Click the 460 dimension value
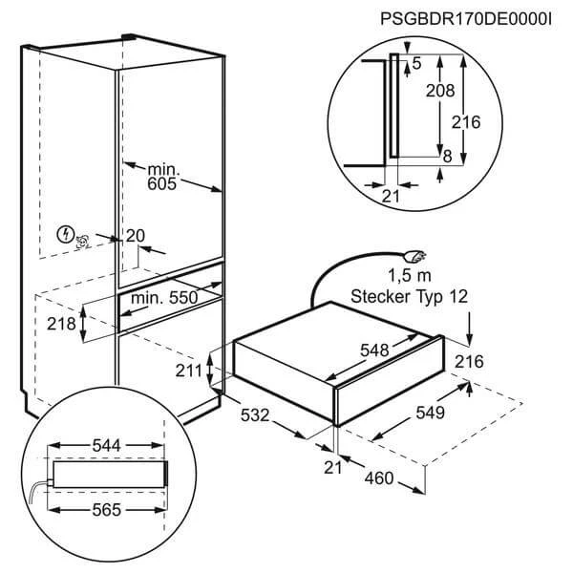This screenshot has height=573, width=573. pos(378,477)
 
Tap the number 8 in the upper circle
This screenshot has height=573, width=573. pos(446,154)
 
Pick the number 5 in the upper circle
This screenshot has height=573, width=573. pos(415,64)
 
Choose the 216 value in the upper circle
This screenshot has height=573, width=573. pos(466,122)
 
